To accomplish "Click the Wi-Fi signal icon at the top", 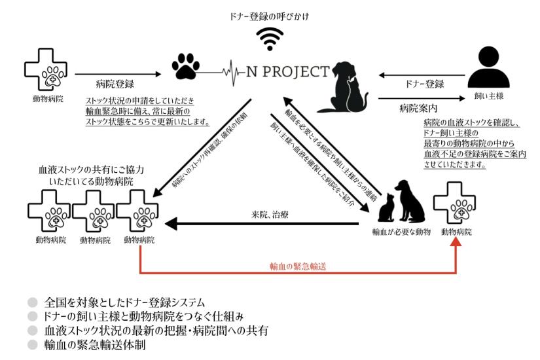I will [270, 39].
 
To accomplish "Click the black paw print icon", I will [185, 66].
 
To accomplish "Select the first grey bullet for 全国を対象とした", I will [32, 303].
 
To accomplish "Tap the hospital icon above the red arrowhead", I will [456, 203].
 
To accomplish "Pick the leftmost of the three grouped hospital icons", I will [48, 213].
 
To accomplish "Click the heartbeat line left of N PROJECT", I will [227, 69].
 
